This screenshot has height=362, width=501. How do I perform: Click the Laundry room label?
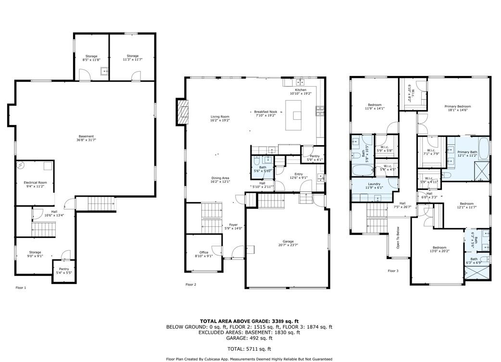tap(374, 184)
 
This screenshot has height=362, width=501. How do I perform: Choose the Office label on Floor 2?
tap(204, 252)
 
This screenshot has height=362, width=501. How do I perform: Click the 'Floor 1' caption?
tap(21, 287)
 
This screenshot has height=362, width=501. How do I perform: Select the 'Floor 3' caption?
tap(393, 271)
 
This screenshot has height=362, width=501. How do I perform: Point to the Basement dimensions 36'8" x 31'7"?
tap(87, 140)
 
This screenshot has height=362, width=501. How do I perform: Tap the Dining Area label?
tap(220, 178)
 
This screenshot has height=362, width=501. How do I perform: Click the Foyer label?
tap(233, 225)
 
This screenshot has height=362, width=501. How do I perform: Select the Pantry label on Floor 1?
tap(64, 269)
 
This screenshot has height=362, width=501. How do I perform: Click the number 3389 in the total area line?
tap(281, 321)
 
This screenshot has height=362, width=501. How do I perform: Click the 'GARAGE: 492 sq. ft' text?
tap(249, 338)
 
